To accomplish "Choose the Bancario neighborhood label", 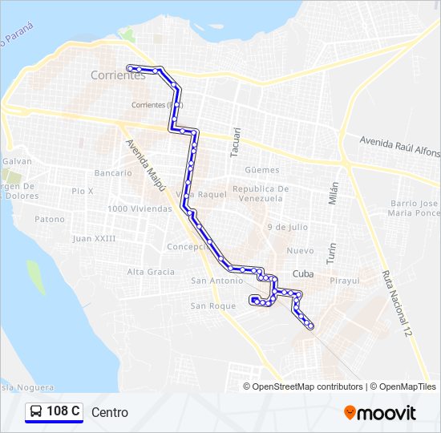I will [x=113, y=172].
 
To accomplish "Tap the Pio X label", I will [x=83, y=191].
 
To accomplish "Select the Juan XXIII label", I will [x=94, y=238].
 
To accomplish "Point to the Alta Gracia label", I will [x=151, y=272].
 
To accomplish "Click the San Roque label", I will [x=212, y=306].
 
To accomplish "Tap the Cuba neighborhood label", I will [x=303, y=273].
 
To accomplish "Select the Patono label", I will [x=50, y=219].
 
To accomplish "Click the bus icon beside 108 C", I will [x=36, y=412].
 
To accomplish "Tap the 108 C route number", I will [x=63, y=412].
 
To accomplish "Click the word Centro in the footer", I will [x=110, y=413].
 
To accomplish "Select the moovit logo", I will [x=380, y=413].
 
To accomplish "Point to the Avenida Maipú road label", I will [x=145, y=165].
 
